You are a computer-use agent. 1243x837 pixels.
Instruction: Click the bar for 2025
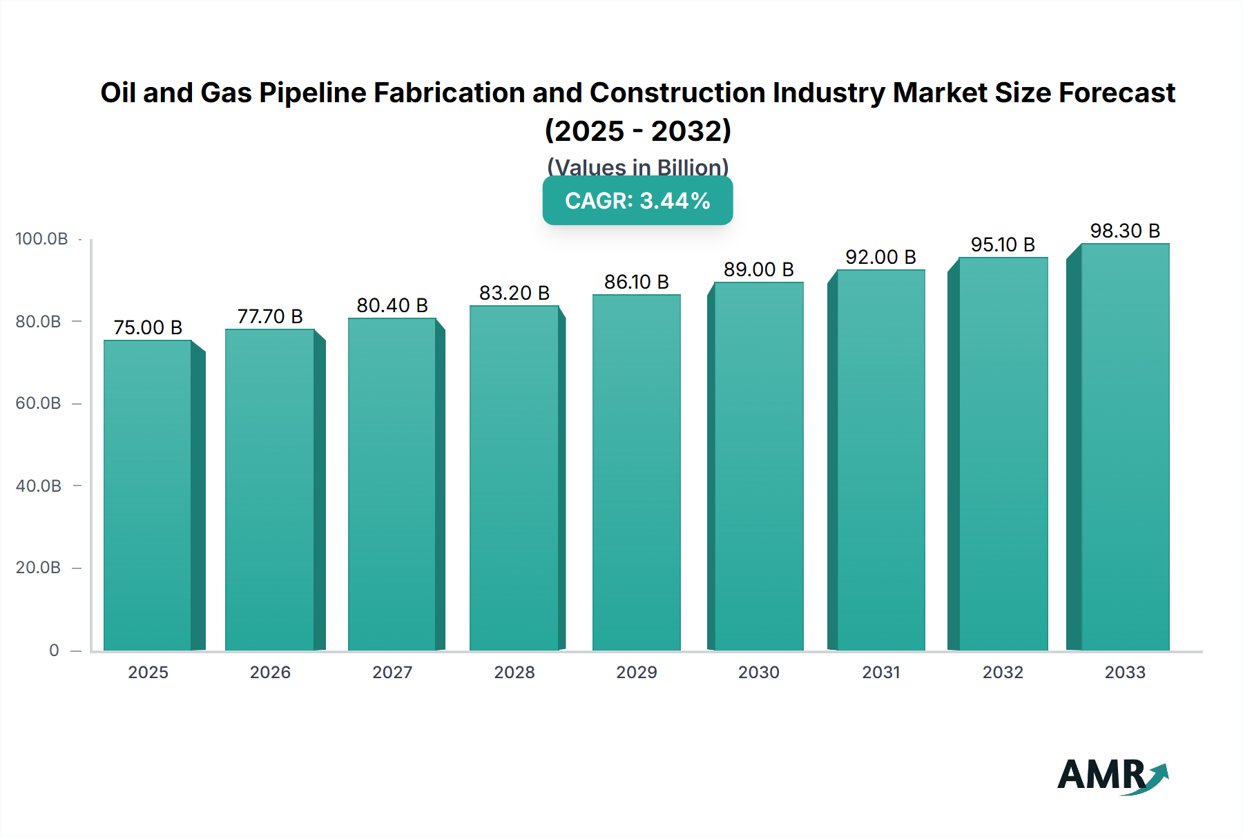coord(148,495)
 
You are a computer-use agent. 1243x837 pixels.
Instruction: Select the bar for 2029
coord(636,472)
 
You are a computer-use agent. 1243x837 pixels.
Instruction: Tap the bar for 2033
coord(1125,447)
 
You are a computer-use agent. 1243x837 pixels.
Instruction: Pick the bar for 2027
coord(392,484)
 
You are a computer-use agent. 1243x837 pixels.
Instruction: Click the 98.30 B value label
coord(1125,231)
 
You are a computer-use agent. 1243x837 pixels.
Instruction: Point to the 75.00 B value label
coord(148,327)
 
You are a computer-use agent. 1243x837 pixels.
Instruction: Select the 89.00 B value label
coord(758,269)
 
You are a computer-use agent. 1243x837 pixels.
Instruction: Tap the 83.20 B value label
coord(514,293)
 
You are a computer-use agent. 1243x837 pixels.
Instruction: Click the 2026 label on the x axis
coord(270,672)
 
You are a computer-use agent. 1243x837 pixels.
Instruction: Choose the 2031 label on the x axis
coord(880,672)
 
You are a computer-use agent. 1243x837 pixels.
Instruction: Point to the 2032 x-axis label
coord(1003,672)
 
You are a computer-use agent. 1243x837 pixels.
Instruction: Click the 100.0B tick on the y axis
coord(41,239)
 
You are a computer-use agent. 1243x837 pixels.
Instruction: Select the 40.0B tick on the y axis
coord(39,485)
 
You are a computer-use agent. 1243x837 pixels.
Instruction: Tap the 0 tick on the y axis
coord(54,650)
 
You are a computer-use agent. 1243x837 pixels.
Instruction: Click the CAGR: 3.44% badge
coord(637,201)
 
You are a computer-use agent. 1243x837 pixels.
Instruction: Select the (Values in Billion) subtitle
coord(637,166)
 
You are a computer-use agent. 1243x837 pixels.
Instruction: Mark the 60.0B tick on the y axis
coord(39,403)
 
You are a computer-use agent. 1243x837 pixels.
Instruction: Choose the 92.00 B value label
coord(880,257)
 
